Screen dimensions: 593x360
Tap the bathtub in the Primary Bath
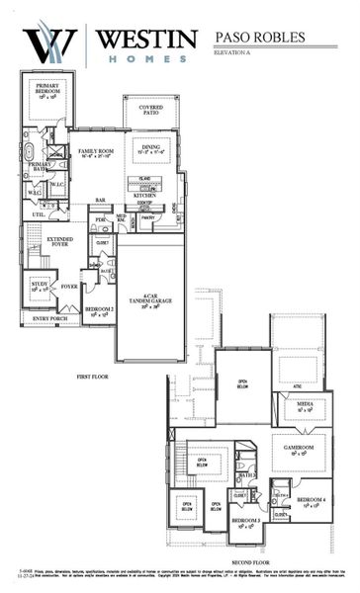click(30, 153)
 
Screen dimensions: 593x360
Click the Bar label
click(100, 199)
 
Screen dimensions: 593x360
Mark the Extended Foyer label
click(59, 242)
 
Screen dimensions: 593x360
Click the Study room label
click(41, 286)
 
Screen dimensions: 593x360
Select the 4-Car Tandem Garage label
click(150, 299)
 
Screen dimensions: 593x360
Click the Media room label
click(305, 406)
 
